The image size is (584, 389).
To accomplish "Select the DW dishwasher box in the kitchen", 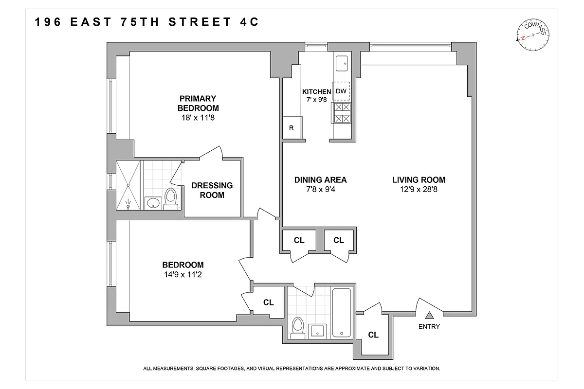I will point(342,91).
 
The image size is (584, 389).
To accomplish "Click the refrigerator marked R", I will point(292,128).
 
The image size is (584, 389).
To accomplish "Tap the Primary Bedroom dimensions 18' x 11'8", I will point(198,117).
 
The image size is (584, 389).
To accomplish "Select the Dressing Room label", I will point(212,190).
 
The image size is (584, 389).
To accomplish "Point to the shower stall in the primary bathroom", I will point(128,185).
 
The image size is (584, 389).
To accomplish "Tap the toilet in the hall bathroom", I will point(297,327).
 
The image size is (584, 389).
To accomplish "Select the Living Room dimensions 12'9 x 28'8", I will point(419,189).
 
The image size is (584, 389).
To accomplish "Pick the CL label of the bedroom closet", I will point(268,302).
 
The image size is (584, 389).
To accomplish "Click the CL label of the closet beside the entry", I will point(373,335).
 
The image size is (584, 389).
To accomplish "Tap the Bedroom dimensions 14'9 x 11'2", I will point(182,274).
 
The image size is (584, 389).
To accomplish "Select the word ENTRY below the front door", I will point(429,327).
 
